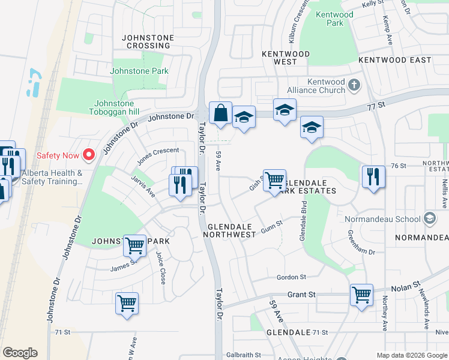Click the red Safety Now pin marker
89,155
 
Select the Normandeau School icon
429,218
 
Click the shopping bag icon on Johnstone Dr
220,113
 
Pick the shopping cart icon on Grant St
361,295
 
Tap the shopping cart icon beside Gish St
274,179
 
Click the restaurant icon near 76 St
373,177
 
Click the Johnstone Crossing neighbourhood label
148,41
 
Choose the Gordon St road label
291,277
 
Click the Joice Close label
161,267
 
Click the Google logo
20,353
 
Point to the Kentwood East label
394,60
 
